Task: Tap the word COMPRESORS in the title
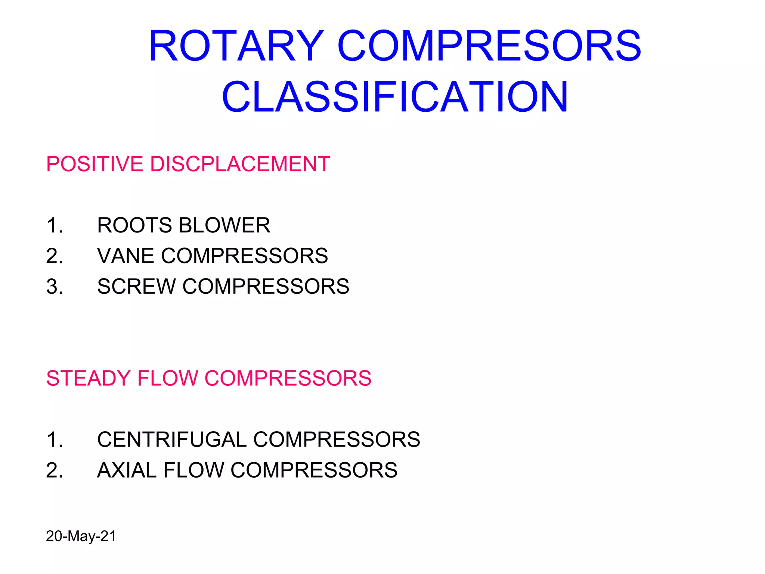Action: point(489,46)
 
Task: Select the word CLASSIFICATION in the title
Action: point(395,97)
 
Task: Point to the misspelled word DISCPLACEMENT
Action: point(240,164)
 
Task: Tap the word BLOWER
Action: point(224,225)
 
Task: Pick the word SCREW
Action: point(136,287)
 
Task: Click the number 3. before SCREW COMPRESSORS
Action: point(55,287)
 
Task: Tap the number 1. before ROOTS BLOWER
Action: point(55,225)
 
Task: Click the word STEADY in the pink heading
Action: point(88,378)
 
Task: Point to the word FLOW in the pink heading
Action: point(168,378)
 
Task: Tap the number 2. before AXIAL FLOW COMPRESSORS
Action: point(55,470)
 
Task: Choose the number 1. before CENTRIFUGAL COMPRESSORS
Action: point(55,439)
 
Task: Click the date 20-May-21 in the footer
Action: point(81,536)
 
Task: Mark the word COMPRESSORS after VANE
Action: point(244,256)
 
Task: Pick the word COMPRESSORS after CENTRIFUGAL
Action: point(337,439)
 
